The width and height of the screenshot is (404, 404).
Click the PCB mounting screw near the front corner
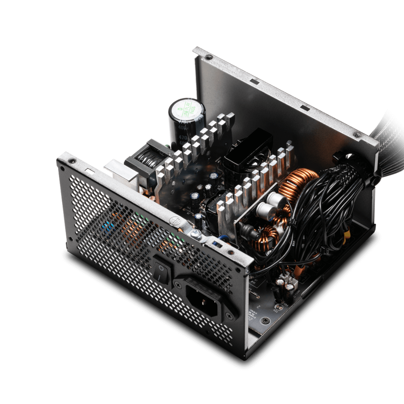coord(265,320)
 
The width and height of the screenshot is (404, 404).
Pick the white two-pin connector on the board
coord(285,278)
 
